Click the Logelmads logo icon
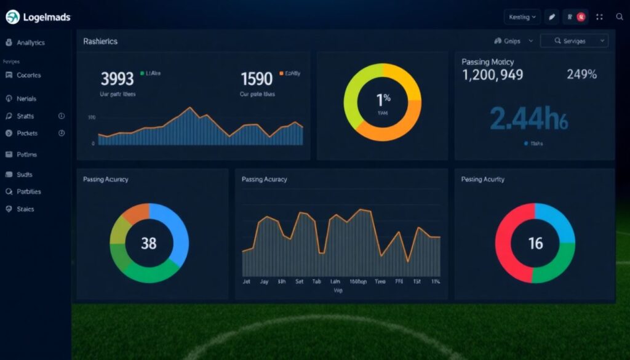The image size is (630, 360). (12, 17)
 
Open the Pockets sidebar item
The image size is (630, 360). (28, 133)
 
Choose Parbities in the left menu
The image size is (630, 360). (29, 191)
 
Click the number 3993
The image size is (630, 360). (117, 79)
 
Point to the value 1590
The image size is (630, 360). (256, 79)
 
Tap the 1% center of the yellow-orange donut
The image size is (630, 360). (383, 98)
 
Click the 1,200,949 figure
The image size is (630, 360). (492, 75)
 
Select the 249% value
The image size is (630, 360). (581, 75)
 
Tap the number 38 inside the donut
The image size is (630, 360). (149, 243)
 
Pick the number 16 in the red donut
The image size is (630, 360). (535, 243)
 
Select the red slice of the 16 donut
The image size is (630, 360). (508, 237)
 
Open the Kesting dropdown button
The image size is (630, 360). (522, 17)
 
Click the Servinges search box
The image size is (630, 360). (573, 41)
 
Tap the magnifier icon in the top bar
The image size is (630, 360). (620, 17)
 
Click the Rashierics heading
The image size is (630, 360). (100, 41)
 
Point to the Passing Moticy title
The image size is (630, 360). (487, 62)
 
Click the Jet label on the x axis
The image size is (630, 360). (247, 281)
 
